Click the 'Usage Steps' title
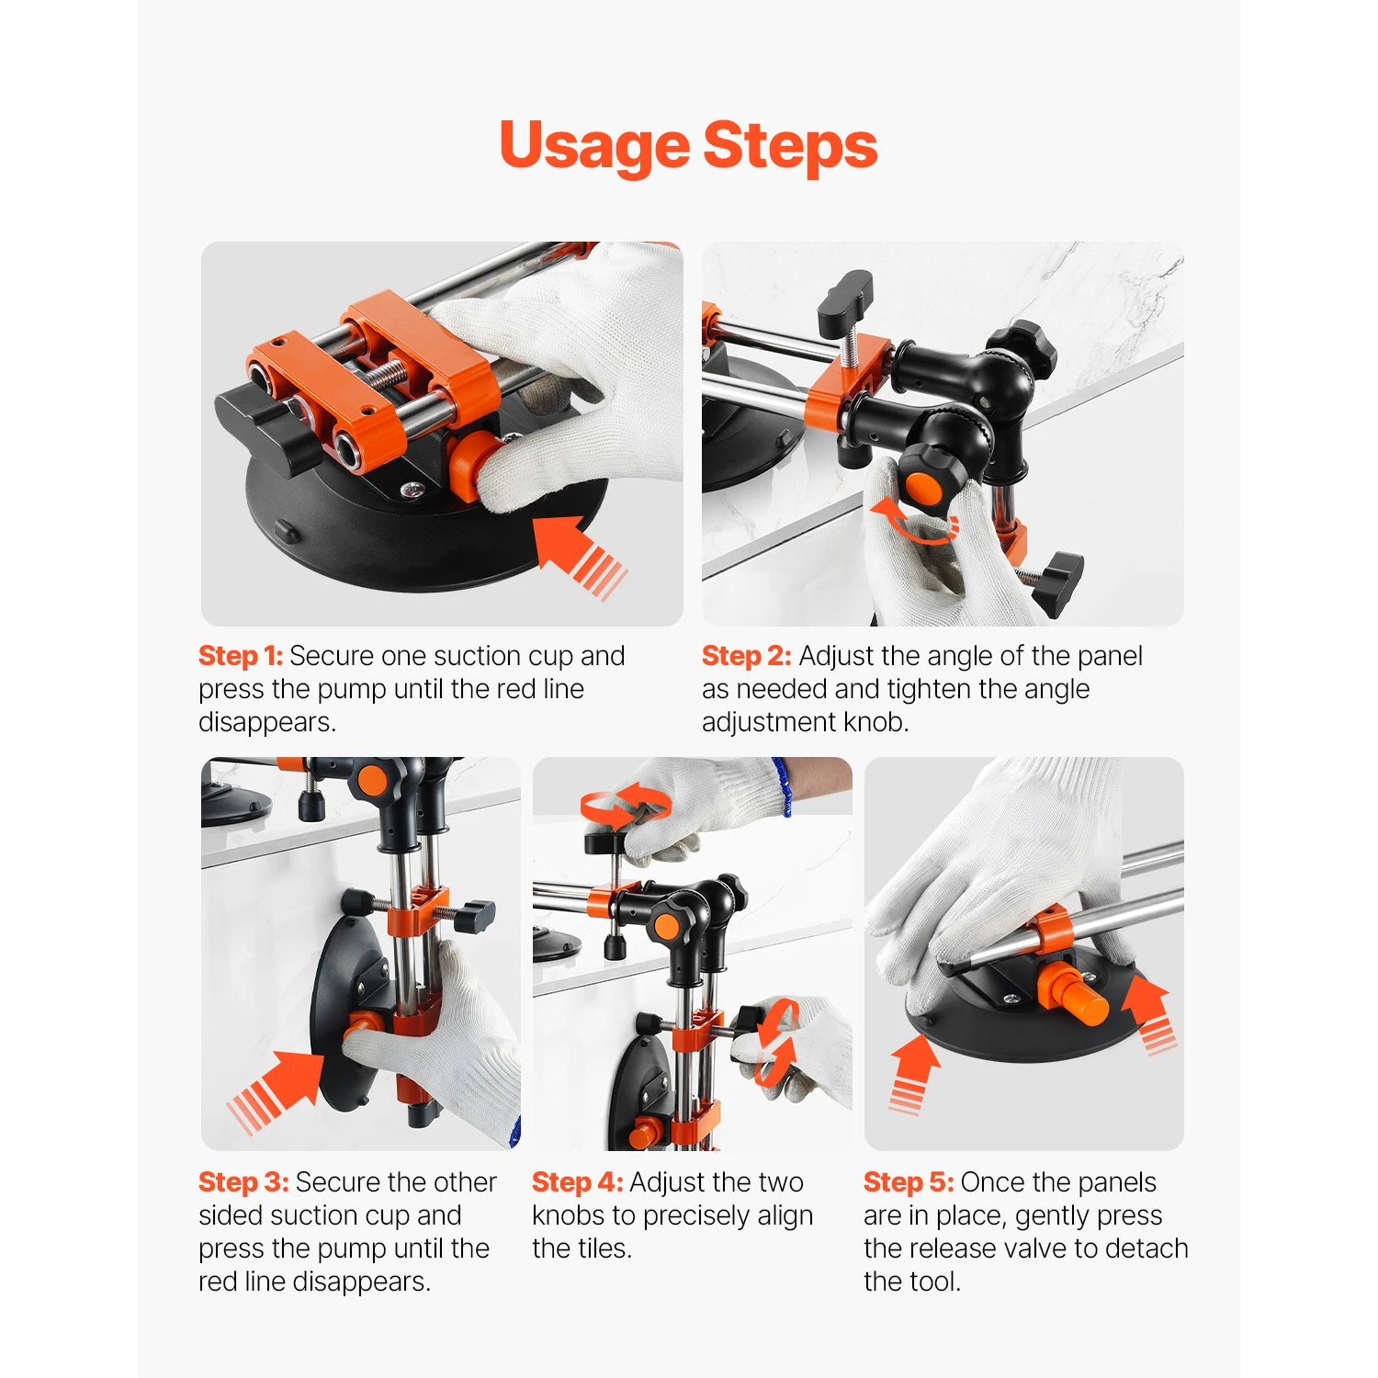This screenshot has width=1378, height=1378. pos(688,146)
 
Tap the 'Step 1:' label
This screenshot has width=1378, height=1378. pos(241,656)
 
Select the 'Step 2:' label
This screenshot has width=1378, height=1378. pos(746,656)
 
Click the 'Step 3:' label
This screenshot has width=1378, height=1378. pos(243,1181)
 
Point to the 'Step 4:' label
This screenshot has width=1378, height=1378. pos(577,1181)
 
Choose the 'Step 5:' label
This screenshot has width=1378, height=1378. pos(908,1181)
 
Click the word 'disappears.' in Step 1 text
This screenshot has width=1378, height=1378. pos(267,722)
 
